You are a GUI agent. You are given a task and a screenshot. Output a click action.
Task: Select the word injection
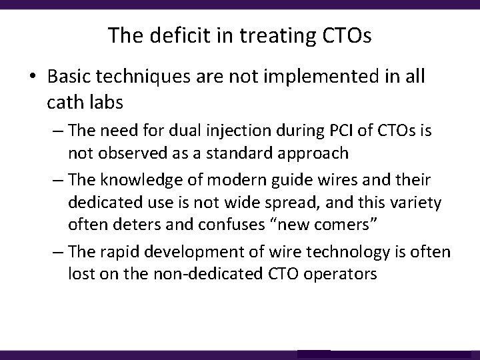[217, 131]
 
